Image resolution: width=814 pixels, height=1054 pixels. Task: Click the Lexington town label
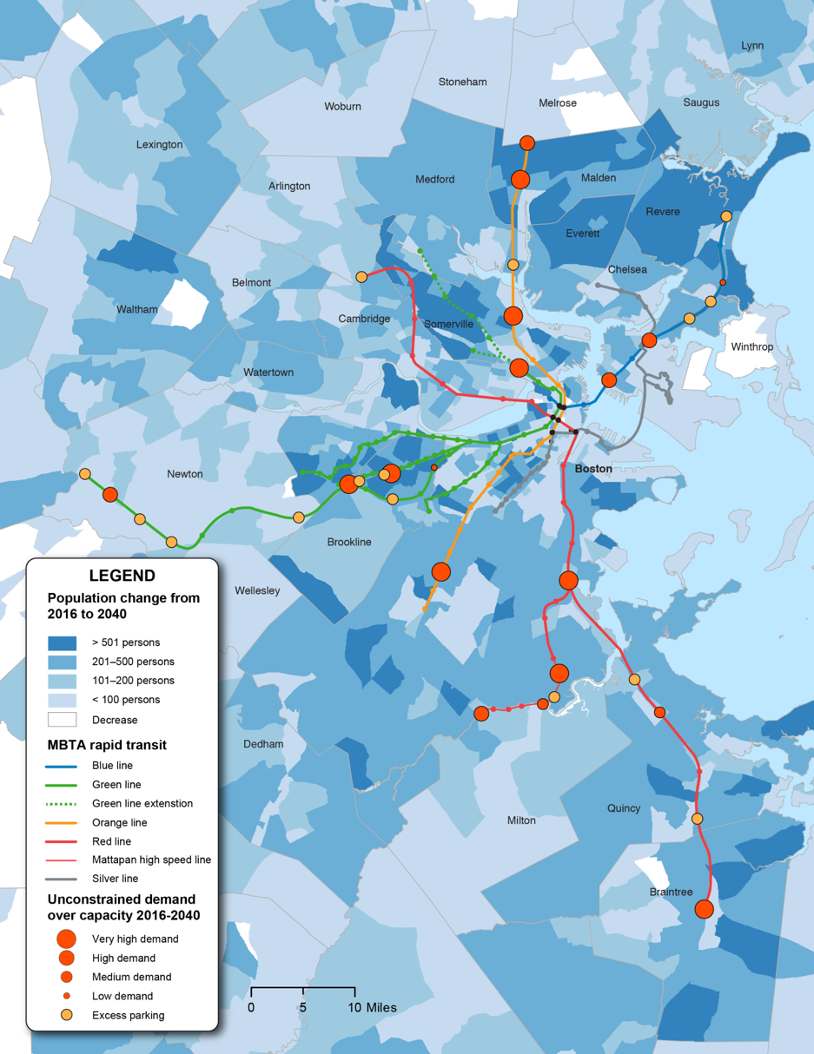click(159, 144)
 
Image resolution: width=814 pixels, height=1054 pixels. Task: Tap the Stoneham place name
click(462, 82)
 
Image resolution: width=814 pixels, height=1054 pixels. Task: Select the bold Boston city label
click(593, 469)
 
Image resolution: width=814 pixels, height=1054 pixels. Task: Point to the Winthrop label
click(751, 347)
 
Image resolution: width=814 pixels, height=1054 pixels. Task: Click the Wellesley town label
click(257, 590)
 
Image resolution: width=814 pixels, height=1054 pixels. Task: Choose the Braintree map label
click(671, 892)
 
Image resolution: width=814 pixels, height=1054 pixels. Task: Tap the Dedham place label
click(263, 744)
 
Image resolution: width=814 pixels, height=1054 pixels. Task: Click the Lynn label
click(752, 45)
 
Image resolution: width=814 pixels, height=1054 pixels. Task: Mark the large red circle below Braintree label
click(704, 909)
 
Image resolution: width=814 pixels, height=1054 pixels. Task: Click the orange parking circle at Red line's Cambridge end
click(361, 277)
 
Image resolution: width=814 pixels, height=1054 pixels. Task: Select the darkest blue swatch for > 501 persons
click(62, 642)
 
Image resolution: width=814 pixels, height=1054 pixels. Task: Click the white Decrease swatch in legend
click(62, 720)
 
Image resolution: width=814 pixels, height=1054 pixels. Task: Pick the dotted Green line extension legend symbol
click(62, 804)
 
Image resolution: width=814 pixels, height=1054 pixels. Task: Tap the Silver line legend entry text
click(115, 879)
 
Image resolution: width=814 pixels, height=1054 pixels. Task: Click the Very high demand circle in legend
click(66, 939)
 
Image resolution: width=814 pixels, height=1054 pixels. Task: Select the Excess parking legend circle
click(66, 1015)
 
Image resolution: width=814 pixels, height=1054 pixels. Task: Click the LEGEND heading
click(122, 576)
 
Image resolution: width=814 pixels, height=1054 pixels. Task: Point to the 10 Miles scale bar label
click(373, 1008)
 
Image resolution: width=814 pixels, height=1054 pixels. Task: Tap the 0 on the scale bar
click(251, 1008)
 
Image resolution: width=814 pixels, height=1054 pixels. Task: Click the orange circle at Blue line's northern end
click(726, 216)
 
